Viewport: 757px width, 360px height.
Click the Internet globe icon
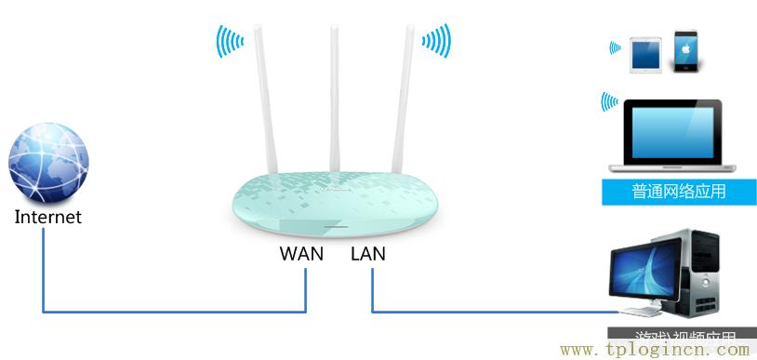click(x=48, y=167)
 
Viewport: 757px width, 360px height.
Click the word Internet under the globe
click(x=48, y=218)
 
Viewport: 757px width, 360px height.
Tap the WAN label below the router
click(x=301, y=253)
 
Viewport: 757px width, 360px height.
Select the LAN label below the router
click(x=368, y=253)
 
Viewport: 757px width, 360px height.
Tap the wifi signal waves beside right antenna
click(x=435, y=41)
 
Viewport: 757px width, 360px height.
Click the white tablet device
click(x=644, y=55)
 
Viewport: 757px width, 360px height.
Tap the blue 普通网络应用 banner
click(x=678, y=192)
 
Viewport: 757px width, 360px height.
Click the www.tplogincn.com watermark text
click(x=656, y=350)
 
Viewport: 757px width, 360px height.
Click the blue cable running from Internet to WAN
click(x=167, y=312)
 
